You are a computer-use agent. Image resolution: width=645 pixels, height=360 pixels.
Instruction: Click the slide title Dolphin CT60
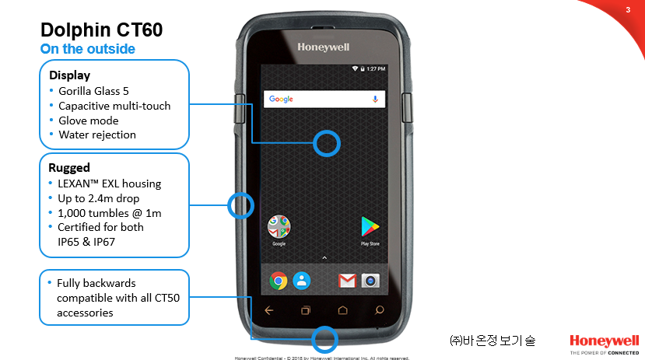[101, 30]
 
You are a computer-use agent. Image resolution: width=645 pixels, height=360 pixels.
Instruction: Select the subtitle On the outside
[87, 49]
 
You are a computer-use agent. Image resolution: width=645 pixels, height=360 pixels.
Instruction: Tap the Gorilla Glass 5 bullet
[93, 91]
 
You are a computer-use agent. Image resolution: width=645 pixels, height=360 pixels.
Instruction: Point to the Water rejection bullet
[97, 135]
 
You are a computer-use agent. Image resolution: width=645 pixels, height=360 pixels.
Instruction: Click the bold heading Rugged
[69, 167]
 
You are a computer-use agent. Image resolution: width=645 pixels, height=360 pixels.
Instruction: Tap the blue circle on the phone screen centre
[327, 142]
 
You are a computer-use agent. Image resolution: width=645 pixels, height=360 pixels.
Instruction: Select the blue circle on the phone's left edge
[240, 205]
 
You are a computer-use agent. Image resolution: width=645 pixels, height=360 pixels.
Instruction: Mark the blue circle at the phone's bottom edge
[324, 339]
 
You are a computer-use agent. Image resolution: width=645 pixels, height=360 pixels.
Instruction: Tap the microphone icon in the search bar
[374, 100]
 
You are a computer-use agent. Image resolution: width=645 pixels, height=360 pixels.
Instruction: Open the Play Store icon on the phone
[370, 227]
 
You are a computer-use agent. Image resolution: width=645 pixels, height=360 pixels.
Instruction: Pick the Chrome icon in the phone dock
[279, 281]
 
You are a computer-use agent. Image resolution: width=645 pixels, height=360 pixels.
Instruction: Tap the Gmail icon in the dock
[347, 281]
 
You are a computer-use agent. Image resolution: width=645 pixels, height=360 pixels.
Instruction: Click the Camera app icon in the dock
[370, 281]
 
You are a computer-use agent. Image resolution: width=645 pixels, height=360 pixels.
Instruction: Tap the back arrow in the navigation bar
[269, 310]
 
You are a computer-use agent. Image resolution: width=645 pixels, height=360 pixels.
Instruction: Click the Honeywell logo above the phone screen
[324, 47]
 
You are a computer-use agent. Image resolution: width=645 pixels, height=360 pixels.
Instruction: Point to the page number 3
[627, 10]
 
